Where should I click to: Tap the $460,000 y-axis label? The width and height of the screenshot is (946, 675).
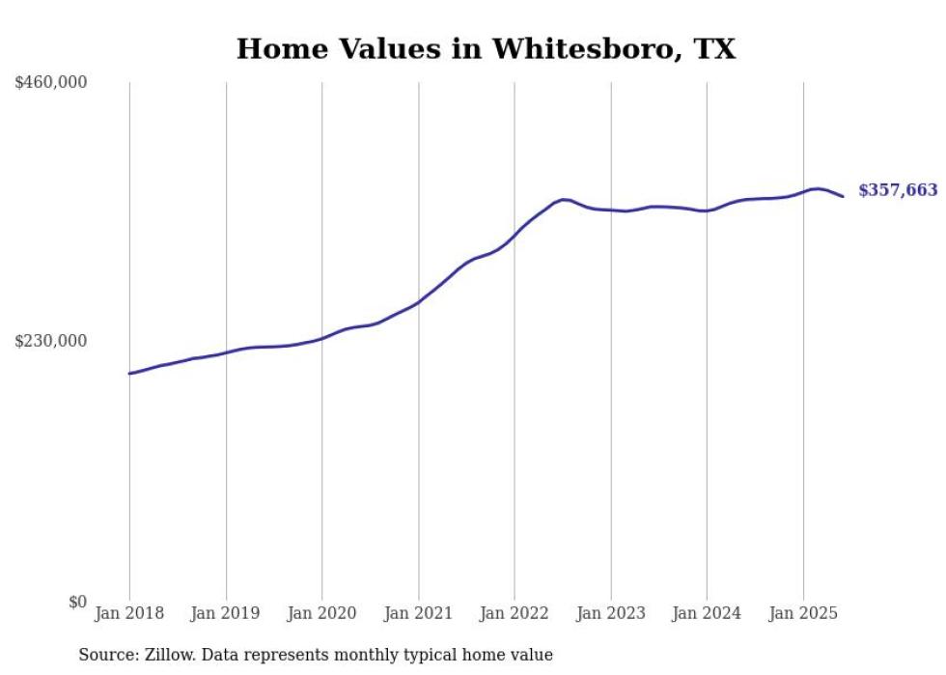click(51, 83)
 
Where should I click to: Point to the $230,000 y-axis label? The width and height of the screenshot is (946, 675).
click(51, 341)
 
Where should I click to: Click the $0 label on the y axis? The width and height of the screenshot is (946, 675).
click(77, 602)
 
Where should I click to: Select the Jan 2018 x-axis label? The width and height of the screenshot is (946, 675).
click(129, 613)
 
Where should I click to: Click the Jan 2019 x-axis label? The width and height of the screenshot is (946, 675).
click(226, 613)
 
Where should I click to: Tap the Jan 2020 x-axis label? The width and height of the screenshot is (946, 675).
click(321, 613)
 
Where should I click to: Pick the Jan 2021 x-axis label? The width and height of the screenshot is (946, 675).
click(418, 613)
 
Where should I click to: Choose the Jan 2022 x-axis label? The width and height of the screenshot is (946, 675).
click(515, 613)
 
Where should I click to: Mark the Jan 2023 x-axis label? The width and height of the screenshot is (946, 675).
click(610, 613)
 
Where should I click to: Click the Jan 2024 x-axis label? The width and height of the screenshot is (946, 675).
click(707, 613)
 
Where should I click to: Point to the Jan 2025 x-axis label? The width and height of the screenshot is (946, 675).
click(803, 613)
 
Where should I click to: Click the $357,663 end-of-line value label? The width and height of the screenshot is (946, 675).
click(898, 190)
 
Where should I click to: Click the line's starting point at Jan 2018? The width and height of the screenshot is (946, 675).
click(129, 374)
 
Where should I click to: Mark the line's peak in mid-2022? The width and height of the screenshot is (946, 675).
click(564, 200)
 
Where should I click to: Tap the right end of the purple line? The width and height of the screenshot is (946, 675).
click(844, 197)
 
